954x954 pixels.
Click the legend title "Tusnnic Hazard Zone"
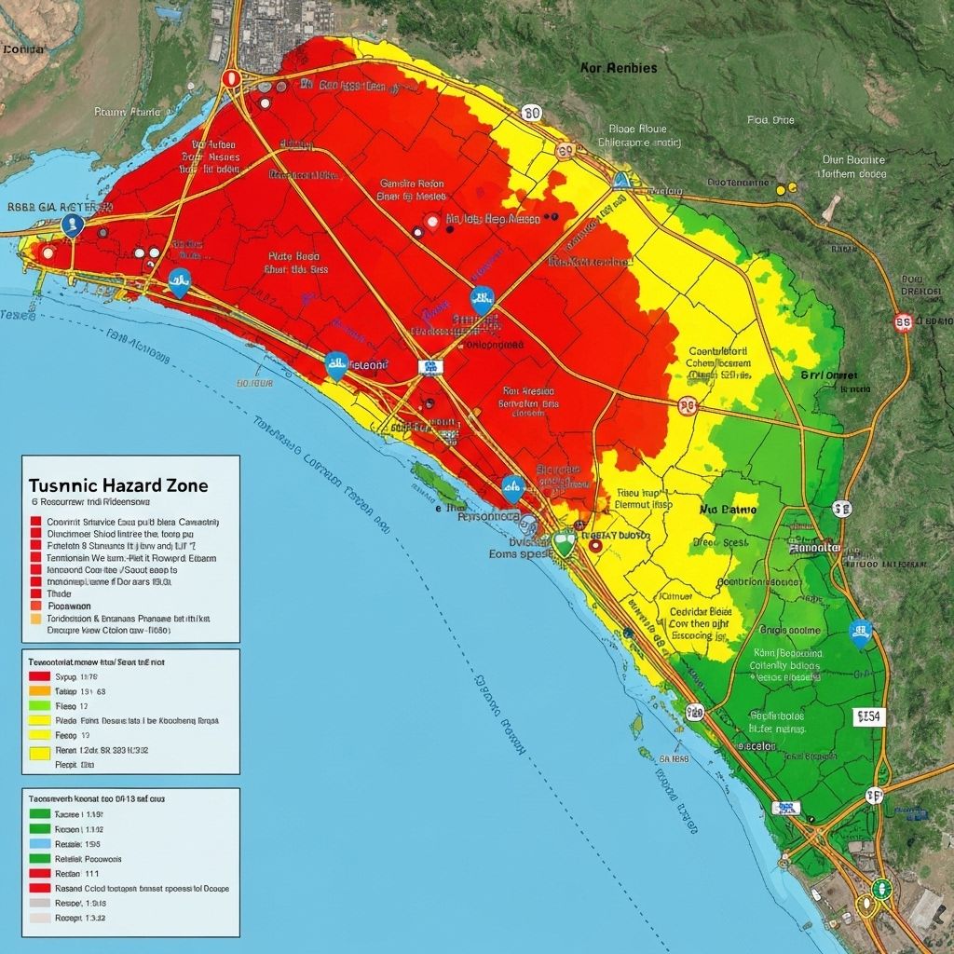click(118, 485)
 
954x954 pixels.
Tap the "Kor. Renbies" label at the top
click(618, 68)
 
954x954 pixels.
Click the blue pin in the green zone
click(861, 633)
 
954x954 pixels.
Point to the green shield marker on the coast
click(563, 542)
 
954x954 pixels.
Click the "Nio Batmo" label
click(728, 511)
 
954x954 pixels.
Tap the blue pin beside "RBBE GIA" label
click(72, 225)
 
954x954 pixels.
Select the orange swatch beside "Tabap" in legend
click(39, 691)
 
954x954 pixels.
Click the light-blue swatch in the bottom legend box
click(39, 843)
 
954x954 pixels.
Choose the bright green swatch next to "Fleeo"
click(39, 706)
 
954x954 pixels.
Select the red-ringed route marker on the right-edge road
click(902, 322)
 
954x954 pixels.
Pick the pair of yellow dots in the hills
click(786, 187)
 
